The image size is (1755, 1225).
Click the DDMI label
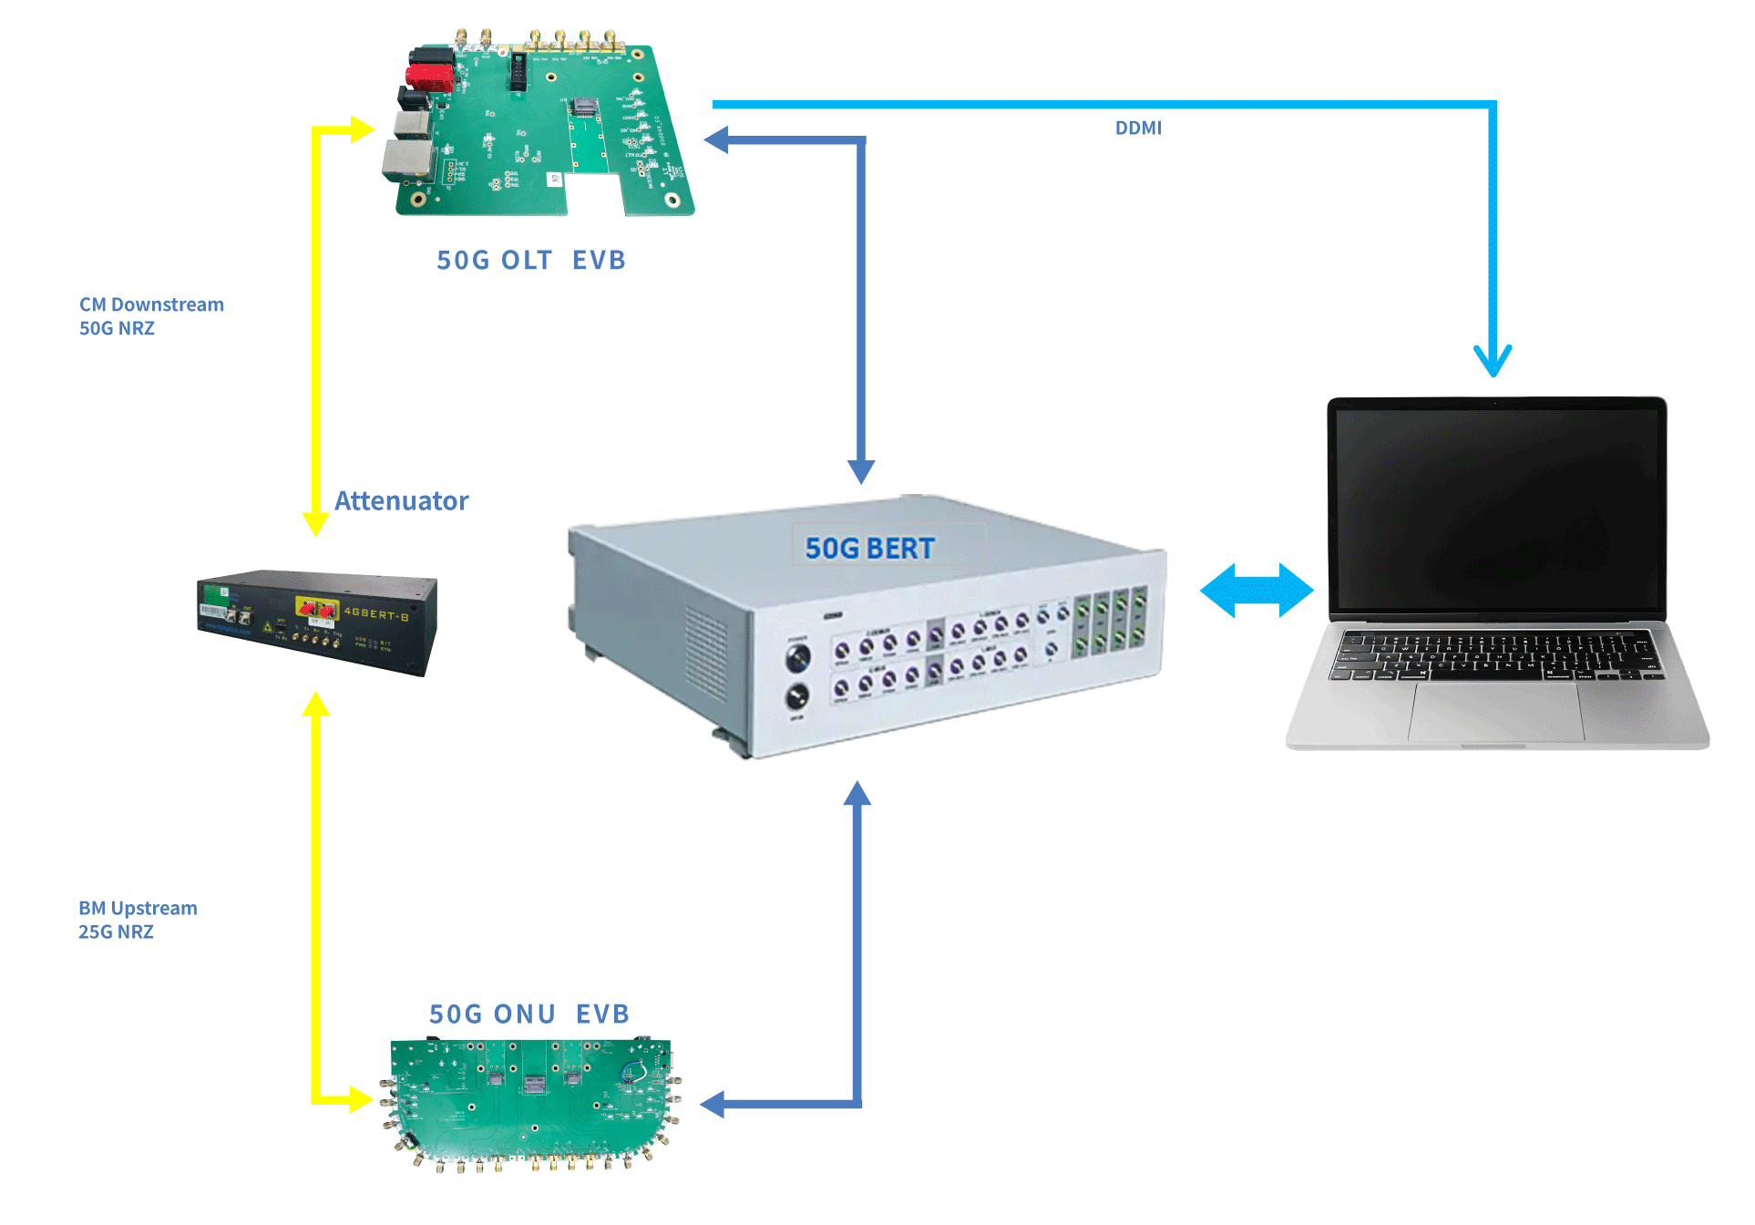coord(1138,129)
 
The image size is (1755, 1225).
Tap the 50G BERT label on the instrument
coord(870,548)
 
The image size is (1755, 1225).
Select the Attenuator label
coord(401,500)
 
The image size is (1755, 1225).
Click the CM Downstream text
coord(151,304)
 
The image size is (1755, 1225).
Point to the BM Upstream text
coord(138,908)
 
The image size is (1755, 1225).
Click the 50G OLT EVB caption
coord(531,261)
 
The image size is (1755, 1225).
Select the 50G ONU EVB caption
coord(529,1014)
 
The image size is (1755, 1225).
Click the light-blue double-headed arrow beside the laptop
coord(1257,591)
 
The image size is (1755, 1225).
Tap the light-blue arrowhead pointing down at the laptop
coord(1493,361)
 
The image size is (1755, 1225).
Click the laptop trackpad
coord(1496,713)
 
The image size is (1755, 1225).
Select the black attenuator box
coord(317,622)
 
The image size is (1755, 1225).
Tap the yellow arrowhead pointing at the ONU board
coord(361,1099)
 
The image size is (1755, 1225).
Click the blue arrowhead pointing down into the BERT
coord(861,470)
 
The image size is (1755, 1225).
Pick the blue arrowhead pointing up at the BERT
coord(857,795)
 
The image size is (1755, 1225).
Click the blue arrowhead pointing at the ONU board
coord(713,1104)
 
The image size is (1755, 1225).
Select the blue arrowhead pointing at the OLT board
coord(717,139)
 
